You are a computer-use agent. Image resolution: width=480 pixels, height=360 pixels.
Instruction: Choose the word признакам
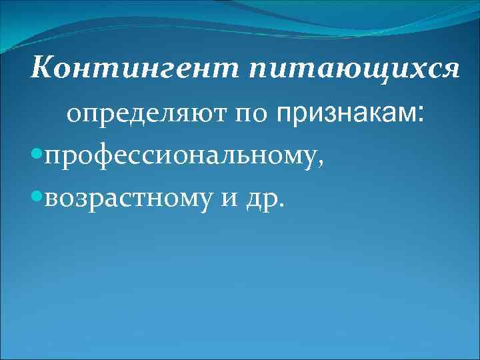[x=343, y=115]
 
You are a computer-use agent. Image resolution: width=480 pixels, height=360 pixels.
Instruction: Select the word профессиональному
[x=181, y=158]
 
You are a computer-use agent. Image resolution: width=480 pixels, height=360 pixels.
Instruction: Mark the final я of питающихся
[x=450, y=69]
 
